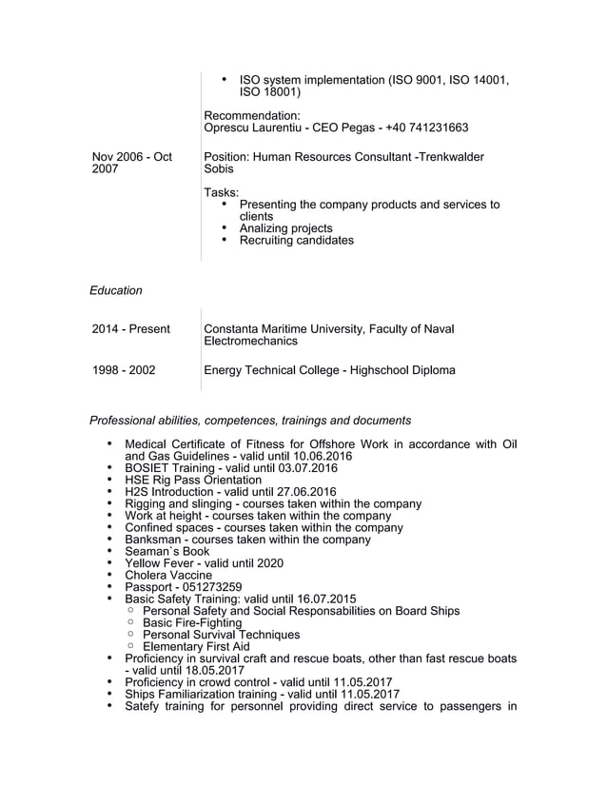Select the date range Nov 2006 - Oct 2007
point(131,163)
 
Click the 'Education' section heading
point(115,290)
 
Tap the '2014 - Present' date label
point(131,329)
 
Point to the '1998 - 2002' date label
point(124,370)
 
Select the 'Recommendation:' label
point(252,116)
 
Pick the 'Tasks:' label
point(222,193)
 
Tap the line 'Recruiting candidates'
point(296,241)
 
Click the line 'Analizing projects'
point(285,228)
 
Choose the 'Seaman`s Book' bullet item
point(167,551)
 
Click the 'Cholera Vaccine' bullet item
point(168,575)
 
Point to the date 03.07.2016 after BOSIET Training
point(306,468)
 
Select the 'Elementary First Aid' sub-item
point(196,646)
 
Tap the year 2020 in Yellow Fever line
point(268,563)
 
